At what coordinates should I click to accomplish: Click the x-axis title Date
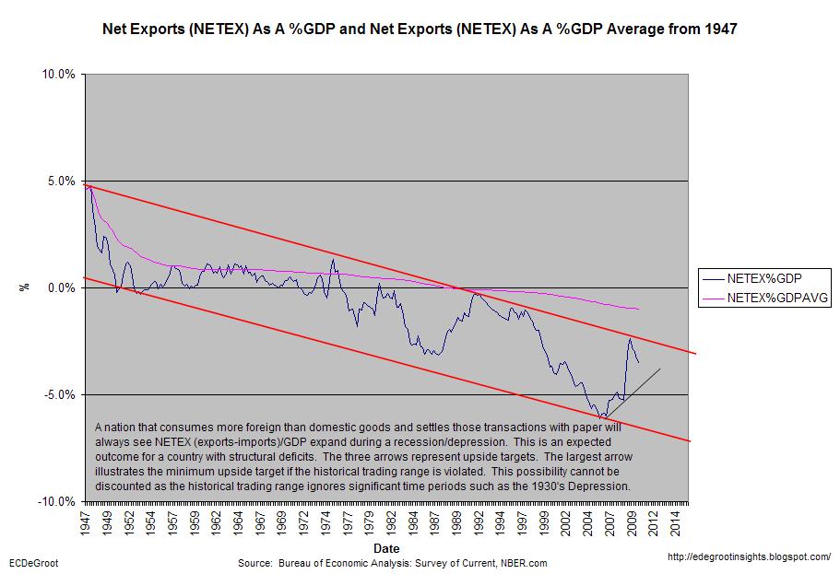(x=386, y=547)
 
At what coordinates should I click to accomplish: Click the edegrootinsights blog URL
(x=748, y=557)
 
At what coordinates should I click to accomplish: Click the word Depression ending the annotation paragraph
(x=597, y=486)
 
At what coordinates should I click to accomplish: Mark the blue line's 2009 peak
(x=629, y=338)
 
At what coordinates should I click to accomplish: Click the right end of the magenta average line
(x=638, y=309)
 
